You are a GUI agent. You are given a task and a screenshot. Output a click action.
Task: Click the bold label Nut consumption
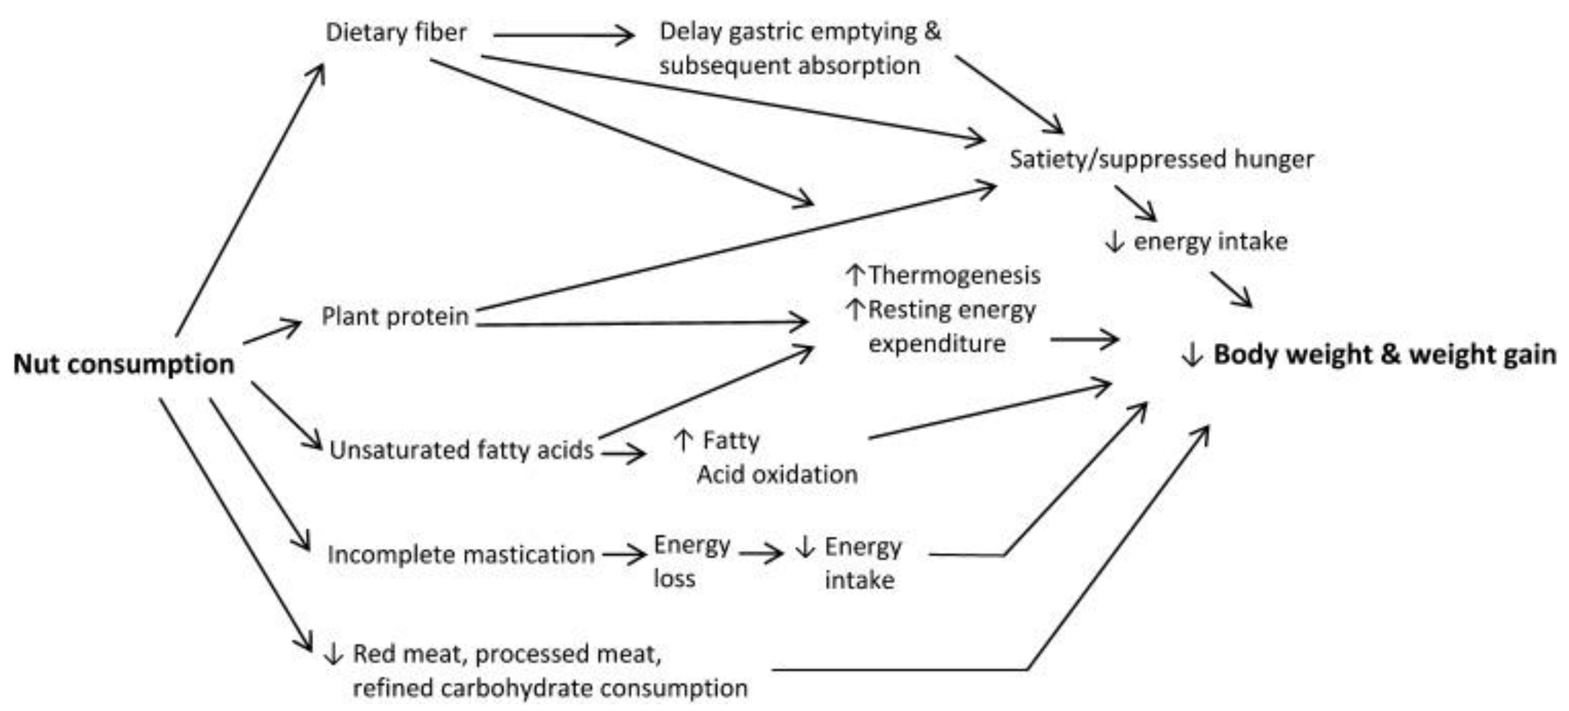coord(124,364)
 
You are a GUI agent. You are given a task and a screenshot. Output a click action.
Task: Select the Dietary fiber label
coord(396,32)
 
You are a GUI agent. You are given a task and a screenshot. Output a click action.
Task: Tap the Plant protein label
coord(395,316)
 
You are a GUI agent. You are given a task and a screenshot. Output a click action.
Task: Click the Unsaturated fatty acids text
coord(461,450)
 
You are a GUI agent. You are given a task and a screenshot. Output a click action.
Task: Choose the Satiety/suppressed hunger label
coord(1161,159)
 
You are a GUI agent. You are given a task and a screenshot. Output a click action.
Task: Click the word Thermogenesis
coord(954,276)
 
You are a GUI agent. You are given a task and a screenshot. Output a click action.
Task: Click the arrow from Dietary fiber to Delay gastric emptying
coord(564,36)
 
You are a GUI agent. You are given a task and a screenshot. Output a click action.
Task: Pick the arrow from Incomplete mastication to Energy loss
coord(624,554)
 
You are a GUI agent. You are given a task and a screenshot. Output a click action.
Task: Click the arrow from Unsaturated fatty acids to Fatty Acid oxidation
coord(623,452)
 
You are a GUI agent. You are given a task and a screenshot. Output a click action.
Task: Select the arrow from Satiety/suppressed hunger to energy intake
coord(1135,203)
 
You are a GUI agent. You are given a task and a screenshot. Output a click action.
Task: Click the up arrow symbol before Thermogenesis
coord(855,276)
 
